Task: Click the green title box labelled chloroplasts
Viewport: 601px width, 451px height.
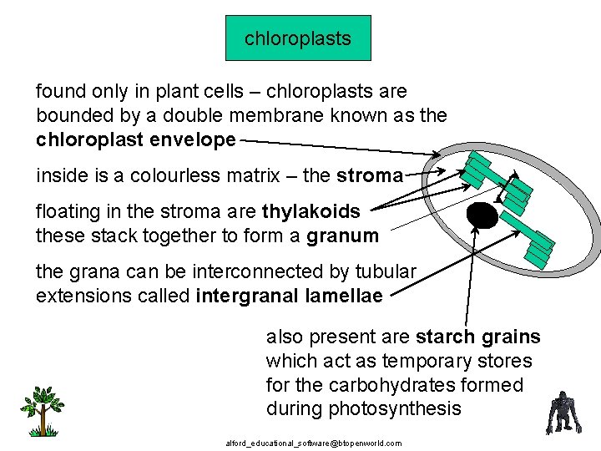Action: point(298,38)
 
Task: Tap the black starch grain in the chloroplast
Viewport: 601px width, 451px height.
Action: point(482,216)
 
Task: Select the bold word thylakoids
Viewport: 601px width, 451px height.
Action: point(312,212)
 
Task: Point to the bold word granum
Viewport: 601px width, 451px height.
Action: point(342,236)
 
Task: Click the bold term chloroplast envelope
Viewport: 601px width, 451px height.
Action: point(135,139)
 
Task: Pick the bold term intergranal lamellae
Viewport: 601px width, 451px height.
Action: point(289,296)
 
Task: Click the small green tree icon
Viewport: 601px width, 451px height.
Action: point(42,409)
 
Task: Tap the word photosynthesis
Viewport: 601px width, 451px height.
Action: point(363,408)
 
